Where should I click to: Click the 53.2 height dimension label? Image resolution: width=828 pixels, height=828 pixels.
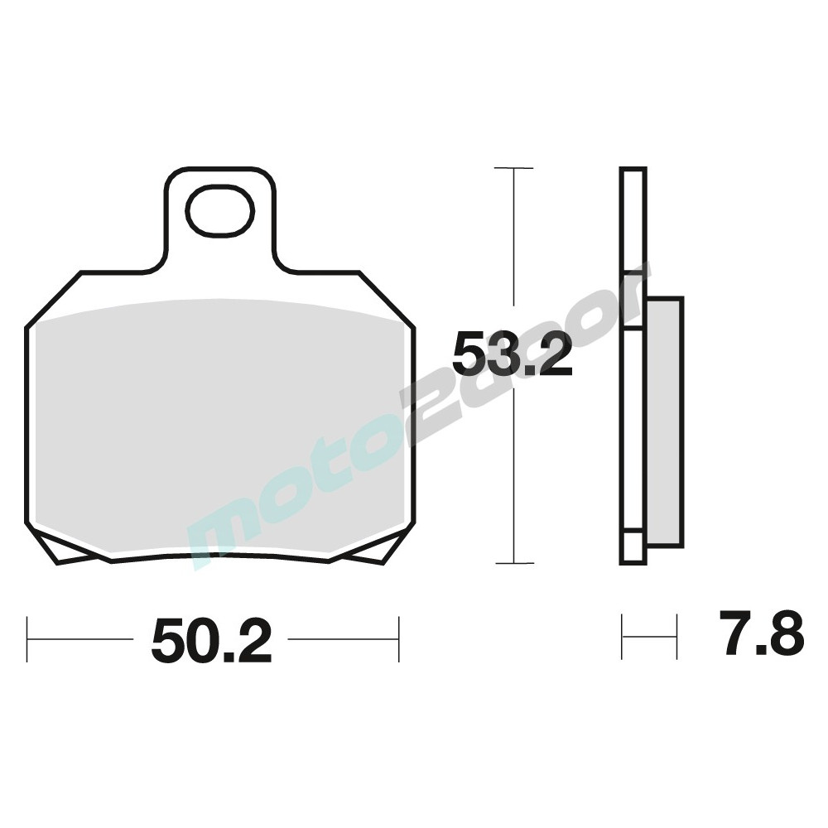click(x=513, y=354)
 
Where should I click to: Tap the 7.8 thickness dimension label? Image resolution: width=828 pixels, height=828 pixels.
click(x=761, y=633)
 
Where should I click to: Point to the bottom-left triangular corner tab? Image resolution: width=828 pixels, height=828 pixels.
click(x=69, y=549)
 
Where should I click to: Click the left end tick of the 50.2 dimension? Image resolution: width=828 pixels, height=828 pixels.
click(x=27, y=639)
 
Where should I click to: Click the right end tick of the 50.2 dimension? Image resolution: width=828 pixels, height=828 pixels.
click(x=399, y=639)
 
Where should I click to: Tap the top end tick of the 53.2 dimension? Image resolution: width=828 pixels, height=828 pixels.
click(x=514, y=168)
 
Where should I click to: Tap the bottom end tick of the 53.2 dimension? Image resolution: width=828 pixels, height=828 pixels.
click(x=514, y=563)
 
